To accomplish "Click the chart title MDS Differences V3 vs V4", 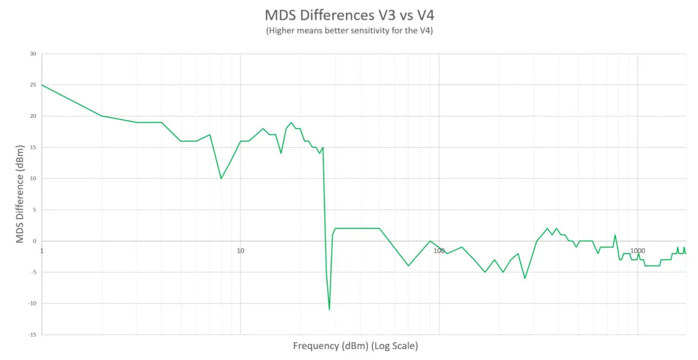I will point(348,15).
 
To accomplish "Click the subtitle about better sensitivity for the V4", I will point(348,31).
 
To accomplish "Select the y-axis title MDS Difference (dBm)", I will point(20,194).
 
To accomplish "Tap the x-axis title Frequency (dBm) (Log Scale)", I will point(355,346).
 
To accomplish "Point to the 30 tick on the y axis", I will point(33,54).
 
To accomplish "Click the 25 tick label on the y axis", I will point(33,85).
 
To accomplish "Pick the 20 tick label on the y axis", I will point(33,116).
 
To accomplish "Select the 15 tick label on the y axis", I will point(33,147).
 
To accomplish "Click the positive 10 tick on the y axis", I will point(33,179).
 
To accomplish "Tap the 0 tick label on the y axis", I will point(35,241).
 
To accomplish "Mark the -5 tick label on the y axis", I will point(33,272).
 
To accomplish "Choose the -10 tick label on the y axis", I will point(32,303).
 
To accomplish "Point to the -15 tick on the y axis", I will point(32,335).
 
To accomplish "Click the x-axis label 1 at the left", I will point(42,251).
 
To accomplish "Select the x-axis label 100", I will point(439,251).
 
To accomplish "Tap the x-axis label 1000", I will point(637,251).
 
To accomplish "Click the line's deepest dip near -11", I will point(329,310).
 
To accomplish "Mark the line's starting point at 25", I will point(42,85).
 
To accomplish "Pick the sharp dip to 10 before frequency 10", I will point(221,179).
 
